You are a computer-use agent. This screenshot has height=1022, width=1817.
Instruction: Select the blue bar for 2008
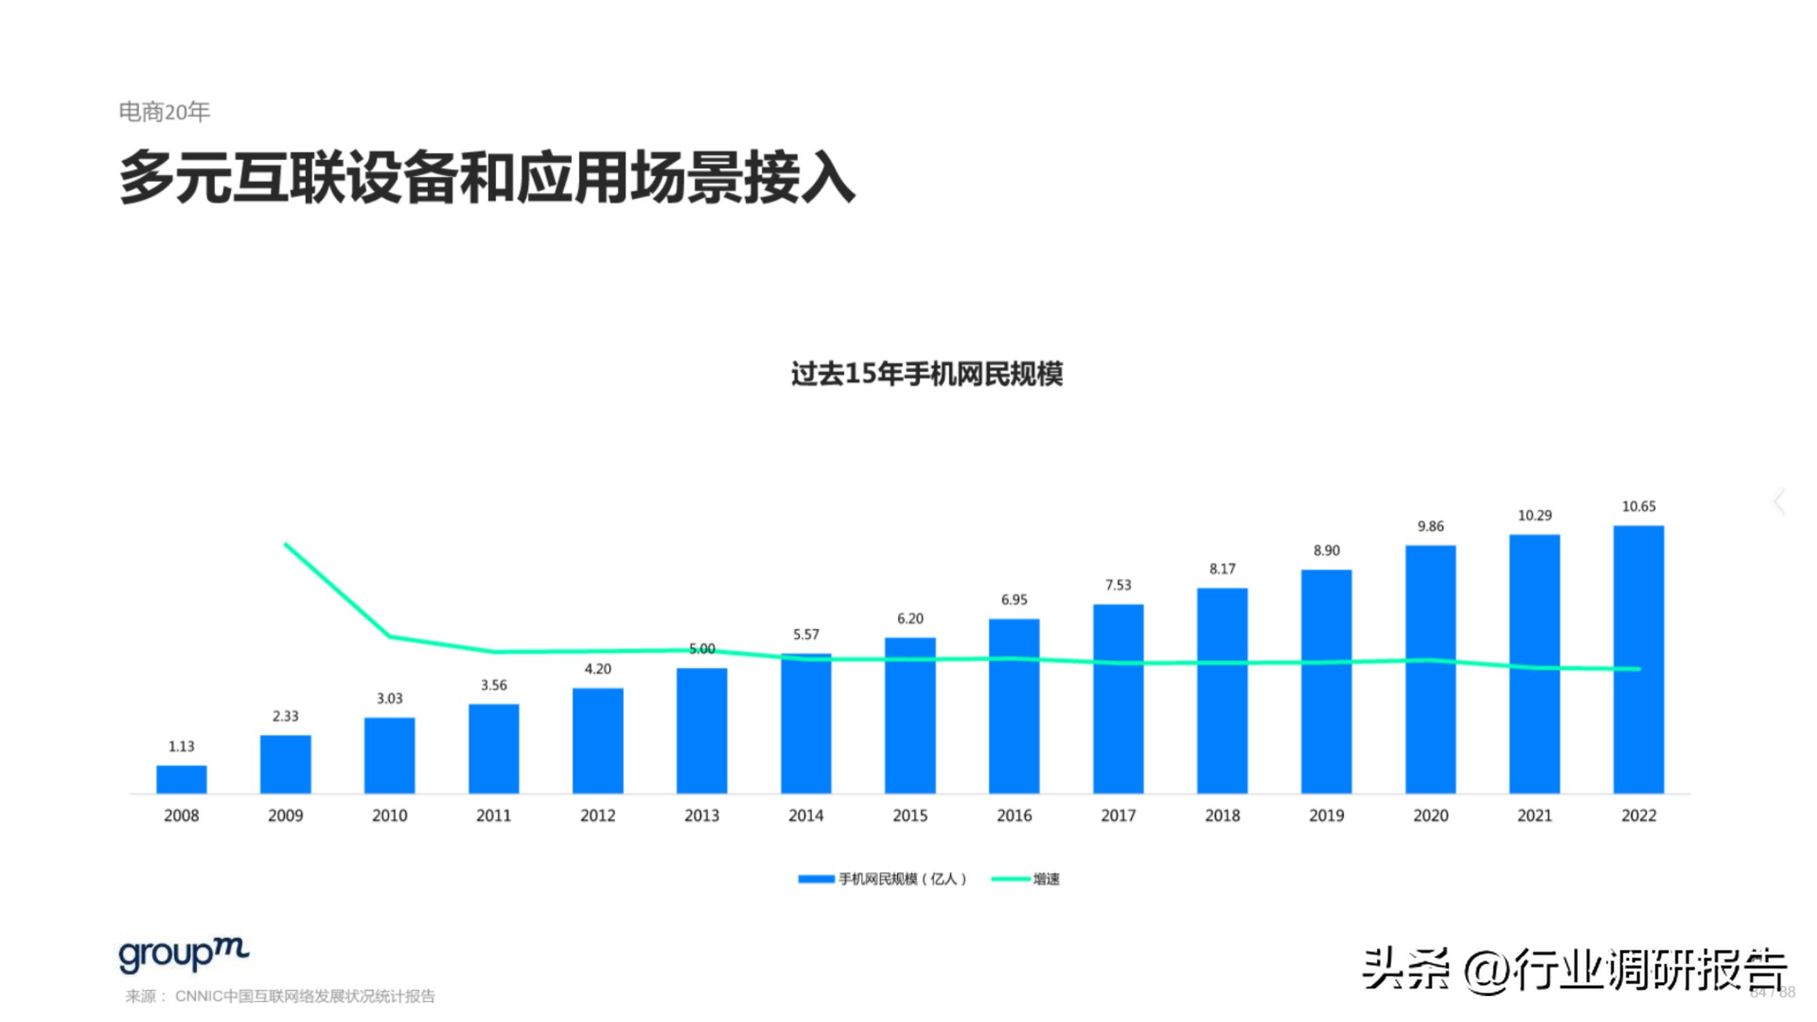181,779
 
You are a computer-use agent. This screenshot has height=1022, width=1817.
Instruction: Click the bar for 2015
910,716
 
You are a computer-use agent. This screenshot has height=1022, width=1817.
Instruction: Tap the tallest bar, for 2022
1638,660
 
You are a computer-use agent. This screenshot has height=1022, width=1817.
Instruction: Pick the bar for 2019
1326,681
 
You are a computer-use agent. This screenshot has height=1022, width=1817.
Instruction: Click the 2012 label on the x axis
597,816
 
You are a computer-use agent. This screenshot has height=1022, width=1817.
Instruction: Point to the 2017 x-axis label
1118,816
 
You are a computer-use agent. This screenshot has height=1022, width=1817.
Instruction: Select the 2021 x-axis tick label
1534,816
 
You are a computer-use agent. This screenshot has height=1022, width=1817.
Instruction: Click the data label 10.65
1638,506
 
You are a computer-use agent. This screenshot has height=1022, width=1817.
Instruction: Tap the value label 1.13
181,746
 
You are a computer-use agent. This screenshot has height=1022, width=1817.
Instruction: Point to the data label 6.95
1014,600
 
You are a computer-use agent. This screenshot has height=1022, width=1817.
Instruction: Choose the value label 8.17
1222,568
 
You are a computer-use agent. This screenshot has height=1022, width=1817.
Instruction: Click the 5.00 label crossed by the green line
702,648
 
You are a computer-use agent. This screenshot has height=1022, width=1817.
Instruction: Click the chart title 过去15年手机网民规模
926,374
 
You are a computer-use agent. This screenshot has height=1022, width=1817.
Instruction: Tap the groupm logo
183,955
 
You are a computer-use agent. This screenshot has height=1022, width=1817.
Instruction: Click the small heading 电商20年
164,112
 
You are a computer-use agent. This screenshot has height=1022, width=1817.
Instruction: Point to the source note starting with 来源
280,996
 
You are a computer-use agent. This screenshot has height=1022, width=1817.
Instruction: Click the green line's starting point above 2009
285,544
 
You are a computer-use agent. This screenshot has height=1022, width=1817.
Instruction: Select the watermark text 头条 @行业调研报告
1573,970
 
